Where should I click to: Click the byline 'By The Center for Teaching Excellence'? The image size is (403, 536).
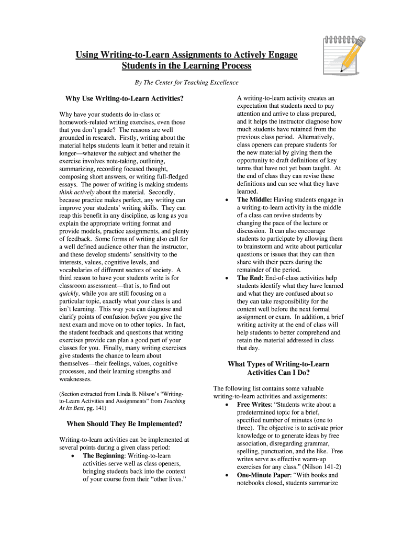point(187,83)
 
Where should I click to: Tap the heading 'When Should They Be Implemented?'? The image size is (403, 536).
point(125,423)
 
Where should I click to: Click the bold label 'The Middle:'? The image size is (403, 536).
point(254,199)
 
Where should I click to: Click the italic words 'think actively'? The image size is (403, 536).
point(77,192)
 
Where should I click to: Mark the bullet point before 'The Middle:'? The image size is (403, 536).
point(226,200)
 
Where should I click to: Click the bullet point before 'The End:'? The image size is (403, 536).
point(226,278)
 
